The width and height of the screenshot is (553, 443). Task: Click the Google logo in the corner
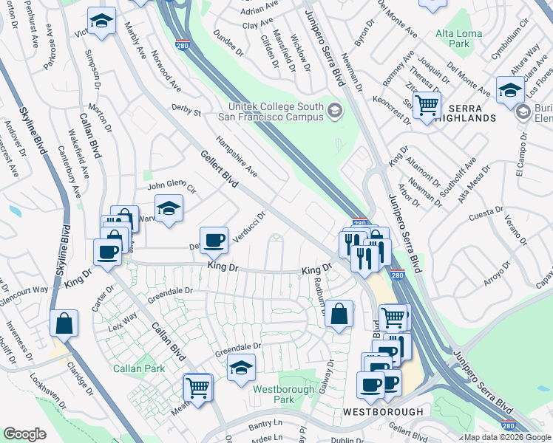click(x=24, y=434)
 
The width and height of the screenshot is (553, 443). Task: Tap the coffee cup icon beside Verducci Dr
click(x=214, y=239)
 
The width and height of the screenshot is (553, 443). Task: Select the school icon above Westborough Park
click(x=241, y=367)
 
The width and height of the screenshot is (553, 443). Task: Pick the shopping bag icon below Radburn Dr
click(x=339, y=313)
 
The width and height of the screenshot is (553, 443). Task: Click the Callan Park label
click(x=133, y=368)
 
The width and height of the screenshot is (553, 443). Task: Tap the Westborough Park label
click(x=274, y=394)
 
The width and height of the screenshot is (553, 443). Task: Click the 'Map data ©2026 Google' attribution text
click(x=506, y=437)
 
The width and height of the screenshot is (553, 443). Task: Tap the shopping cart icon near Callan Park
click(x=197, y=387)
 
